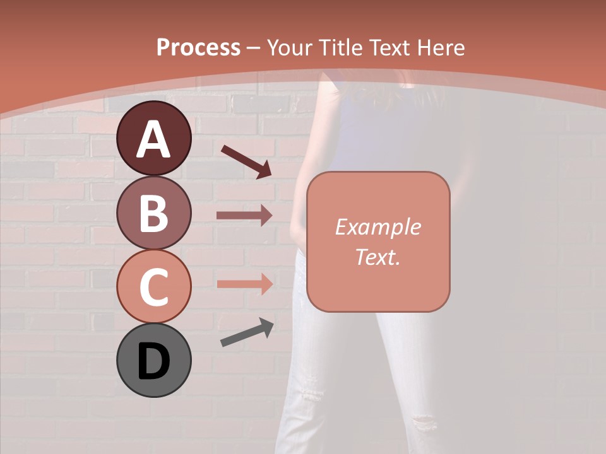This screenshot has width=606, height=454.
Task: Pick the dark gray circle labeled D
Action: tap(153, 360)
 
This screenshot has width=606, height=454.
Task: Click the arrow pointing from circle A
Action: tap(246, 161)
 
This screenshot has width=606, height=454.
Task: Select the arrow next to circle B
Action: tap(244, 215)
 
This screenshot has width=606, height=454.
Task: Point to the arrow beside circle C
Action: tap(244, 284)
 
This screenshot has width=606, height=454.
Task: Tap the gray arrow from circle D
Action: tap(247, 333)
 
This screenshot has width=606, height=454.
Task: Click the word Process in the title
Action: tap(198, 47)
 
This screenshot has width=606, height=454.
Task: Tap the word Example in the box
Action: tap(377, 227)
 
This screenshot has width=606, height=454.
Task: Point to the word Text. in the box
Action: tap(377, 257)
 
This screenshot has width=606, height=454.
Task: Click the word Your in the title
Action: tap(290, 47)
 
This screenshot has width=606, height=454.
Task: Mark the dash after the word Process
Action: tap(254, 48)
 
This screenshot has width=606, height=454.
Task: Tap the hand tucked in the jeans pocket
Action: tap(297, 233)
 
